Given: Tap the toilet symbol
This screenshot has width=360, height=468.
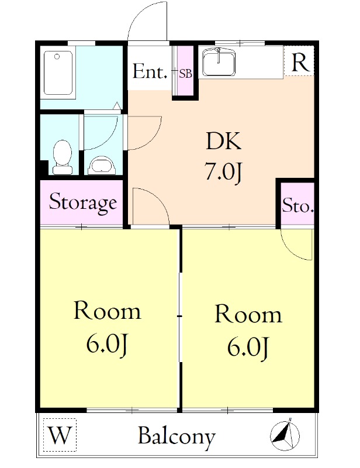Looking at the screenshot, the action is click(63, 157).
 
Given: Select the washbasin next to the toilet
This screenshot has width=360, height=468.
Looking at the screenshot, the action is click(102, 166).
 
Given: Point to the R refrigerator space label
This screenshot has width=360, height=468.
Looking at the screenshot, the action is click(299, 63).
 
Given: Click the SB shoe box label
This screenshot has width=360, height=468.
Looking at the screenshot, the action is click(185, 74).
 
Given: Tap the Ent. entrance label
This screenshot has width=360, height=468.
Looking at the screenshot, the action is click(150, 71).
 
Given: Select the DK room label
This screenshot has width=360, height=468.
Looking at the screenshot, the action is click(223, 141).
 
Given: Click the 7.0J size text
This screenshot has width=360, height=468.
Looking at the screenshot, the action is click(223, 171).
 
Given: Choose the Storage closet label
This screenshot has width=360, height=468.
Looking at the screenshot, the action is click(82, 202).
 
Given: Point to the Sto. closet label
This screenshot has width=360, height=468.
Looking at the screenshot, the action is click(297, 206).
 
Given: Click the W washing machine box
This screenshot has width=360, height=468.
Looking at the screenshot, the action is click(60, 435).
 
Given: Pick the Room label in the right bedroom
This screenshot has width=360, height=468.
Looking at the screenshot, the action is click(248, 314).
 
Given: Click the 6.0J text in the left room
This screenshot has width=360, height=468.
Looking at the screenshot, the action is click(107, 345).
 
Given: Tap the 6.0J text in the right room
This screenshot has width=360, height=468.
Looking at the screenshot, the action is click(248, 347).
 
